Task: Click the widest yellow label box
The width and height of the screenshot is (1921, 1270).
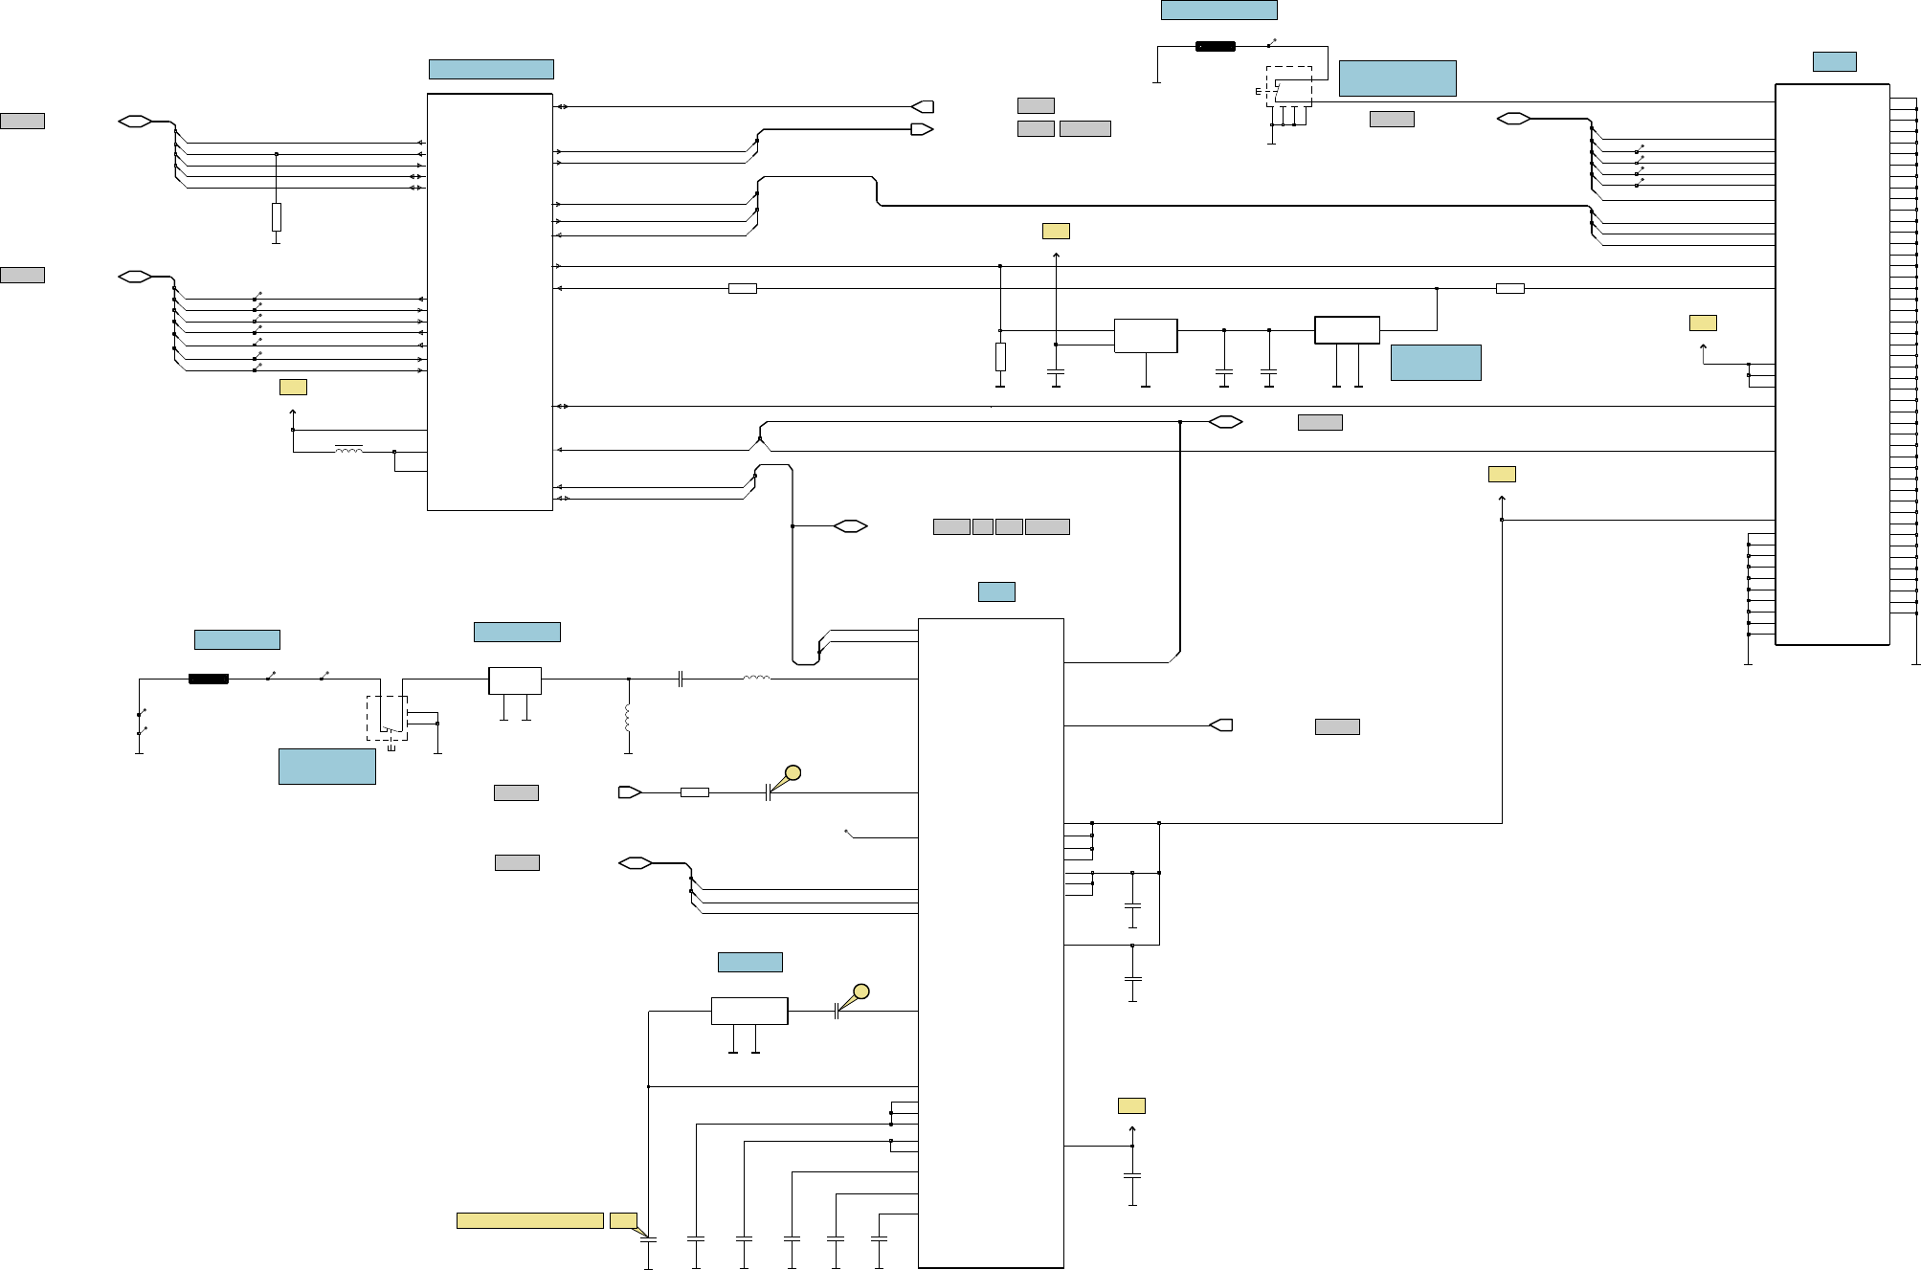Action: coord(529,1220)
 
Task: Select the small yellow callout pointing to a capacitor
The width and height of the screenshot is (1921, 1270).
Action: coord(623,1220)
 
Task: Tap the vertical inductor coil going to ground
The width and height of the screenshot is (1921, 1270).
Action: coord(628,719)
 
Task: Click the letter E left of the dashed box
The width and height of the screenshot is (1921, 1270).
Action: coord(1258,92)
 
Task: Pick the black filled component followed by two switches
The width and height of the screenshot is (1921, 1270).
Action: coord(209,679)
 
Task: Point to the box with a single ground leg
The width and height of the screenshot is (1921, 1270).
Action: coord(1146,336)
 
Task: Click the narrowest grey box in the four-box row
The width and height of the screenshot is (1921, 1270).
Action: coord(982,526)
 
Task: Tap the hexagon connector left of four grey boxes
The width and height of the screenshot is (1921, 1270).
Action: coord(850,526)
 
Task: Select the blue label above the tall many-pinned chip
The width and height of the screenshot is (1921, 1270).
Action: coord(1834,62)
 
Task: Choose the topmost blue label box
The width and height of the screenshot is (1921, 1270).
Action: coord(1218,10)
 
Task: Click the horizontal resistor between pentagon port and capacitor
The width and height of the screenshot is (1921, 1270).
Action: coord(694,792)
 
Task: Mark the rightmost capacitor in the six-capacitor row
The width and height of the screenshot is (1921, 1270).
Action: coord(880,1238)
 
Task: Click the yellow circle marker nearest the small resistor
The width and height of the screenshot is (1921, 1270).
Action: coord(793,772)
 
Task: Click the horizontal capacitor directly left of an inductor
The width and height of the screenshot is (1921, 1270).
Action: coord(680,679)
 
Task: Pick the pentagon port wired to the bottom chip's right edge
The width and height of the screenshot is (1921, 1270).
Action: coord(1220,725)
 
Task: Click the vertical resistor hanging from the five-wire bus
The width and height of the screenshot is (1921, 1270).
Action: coord(276,217)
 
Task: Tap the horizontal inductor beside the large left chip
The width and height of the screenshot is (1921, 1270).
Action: coord(348,450)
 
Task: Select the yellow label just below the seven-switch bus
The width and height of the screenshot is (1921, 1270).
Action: coord(293,387)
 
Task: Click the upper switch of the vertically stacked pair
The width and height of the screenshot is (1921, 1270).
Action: coord(142,713)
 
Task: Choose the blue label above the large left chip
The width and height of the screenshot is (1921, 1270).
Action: coord(491,69)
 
